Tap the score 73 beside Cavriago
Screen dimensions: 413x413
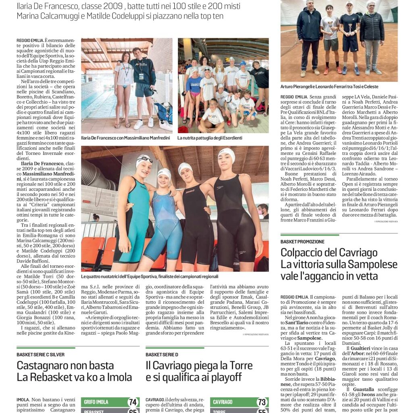click(x=262, y=402)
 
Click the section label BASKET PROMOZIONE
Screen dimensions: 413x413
click(x=302, y=242)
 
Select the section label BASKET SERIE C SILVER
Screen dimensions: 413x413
click(x=40, y=355)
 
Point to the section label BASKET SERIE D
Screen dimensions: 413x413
click(x=162, y=355)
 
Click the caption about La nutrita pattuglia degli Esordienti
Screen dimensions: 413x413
click(x=210, y=138)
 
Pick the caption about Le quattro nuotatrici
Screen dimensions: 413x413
click(x=150, y=277)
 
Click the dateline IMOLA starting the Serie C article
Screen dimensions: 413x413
click(x=23, y=399)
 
